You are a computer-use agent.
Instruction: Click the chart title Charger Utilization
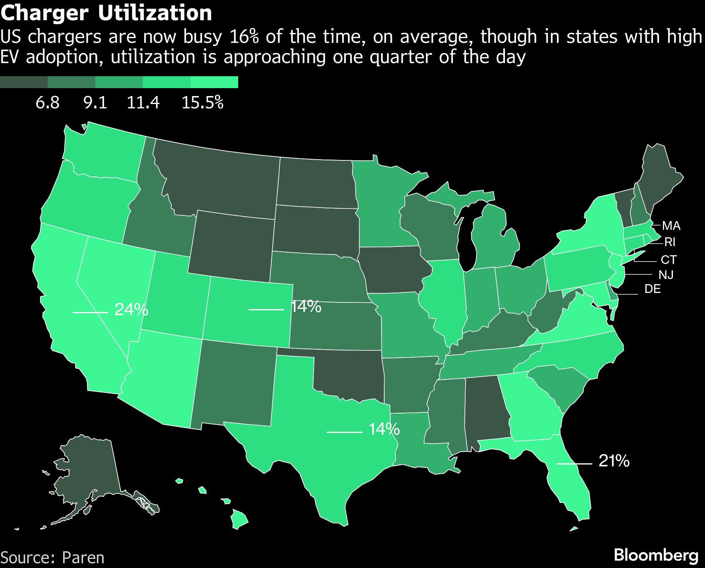106,13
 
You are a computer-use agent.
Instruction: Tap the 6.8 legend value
47,103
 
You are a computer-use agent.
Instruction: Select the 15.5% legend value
202,103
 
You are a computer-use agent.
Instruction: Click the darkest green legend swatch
24,82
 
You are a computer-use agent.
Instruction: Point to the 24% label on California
131,309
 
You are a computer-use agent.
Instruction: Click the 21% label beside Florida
614,461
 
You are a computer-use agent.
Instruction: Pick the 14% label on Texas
384,429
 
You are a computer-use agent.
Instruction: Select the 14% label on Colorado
306,306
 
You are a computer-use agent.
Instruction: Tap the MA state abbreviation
671,226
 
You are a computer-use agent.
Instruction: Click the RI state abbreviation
670,242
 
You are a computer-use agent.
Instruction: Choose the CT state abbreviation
668,260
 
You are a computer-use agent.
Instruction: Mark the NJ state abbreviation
666,275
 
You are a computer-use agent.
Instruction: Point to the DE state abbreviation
653,289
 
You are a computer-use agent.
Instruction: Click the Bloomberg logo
656,555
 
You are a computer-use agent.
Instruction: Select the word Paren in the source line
83,558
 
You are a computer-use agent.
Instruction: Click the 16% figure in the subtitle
244,37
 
